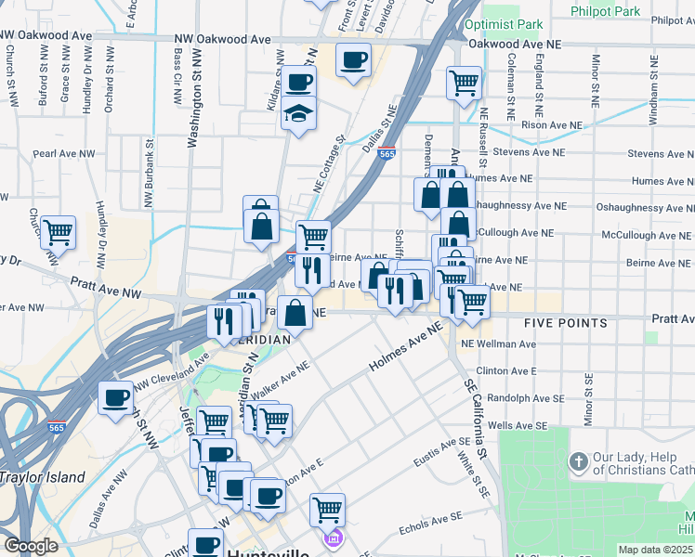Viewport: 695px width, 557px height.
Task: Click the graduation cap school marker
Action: [x=298, y=114]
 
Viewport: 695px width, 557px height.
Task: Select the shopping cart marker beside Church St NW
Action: [x=59, y=233]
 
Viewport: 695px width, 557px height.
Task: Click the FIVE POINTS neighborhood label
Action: [x=565, y=323]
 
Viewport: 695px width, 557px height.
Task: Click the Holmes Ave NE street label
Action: [x=406, y=348]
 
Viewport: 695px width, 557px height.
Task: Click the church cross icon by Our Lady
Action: [x=578, y=460]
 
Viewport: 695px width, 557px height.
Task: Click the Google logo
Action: [x=30, y=546]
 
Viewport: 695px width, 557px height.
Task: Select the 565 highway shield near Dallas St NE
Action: [x=387, y=154]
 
